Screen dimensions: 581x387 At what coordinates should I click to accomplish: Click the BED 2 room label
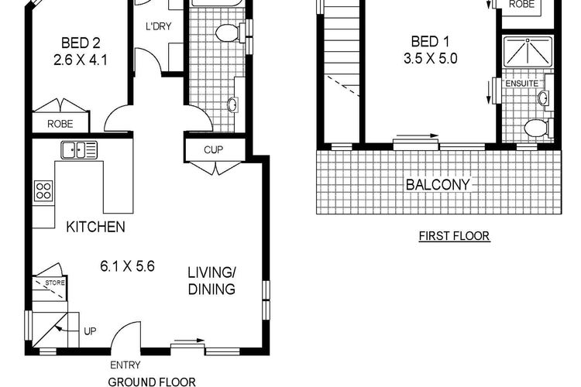click(x=81, y=43)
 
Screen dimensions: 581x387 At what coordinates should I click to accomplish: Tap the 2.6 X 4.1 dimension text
click(x=81, y=60)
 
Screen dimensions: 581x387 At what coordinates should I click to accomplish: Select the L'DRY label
click(x=159, y=26)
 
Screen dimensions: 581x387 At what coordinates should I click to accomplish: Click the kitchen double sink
click(x=79, y=150)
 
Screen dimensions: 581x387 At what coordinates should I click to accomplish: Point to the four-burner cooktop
click(x=43, y=190)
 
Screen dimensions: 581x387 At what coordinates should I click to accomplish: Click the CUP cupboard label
click(x=214, y=150)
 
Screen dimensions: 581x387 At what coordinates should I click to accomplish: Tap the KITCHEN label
click(x=95, y=227)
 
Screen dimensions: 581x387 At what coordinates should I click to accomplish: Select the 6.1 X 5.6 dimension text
click(x=127, y=266)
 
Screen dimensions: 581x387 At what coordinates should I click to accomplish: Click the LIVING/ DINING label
click(x=211, y=281)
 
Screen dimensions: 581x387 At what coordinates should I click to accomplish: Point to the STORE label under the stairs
click(x=55, y=283)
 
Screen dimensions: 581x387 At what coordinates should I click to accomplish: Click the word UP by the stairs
click(x=90, y=331)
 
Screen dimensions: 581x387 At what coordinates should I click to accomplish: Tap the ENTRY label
click(x=125, y=365)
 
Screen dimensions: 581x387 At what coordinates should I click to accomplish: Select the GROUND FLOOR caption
click(x=152, y=382)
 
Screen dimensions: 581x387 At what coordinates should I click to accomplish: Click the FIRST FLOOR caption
click(x=454, y=236)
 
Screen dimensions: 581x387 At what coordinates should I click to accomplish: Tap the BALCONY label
click(x=438, y=184)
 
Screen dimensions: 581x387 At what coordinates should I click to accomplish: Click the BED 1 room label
click(x=430, y=42)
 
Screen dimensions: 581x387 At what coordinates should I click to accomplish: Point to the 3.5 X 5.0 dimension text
click(x=430, y=59)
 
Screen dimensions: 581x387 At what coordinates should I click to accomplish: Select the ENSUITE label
click(x=521, y=84)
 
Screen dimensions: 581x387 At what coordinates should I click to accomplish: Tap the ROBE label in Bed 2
click(x=60, y=124)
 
